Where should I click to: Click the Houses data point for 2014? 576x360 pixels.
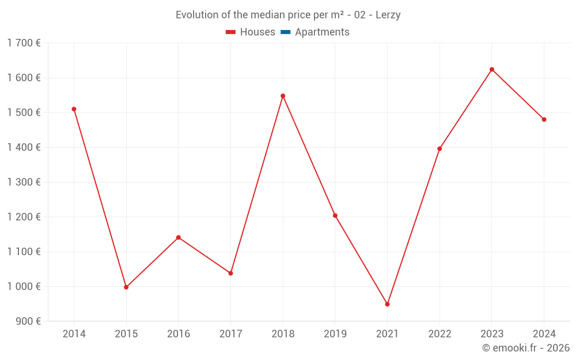pyautogui.click(x=74, y=109)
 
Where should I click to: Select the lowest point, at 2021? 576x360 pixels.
pyautogui.click(x=387, y=304)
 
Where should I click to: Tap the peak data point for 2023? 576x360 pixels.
pyautogui.click(x=491, y=70)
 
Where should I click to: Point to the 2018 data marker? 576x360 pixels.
pyautogui.click(x=283, y=96)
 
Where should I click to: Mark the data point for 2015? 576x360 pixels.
pyautogui.click(x=126, y=287)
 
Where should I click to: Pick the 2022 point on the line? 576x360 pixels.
pyautogui.click(x=439, y=149)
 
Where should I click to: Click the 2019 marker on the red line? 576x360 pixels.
pyautogui.click(x=335, y=215)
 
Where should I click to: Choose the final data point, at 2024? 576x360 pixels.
pyautogui.click(x=544, y=119)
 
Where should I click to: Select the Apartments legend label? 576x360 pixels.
pyautogui.click(x=322, y=32)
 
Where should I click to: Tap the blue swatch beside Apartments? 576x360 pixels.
pyautogui.click(x=285, y=32)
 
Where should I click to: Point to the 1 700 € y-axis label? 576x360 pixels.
pyautogui.click(x=24, y=43)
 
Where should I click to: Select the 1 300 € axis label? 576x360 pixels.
pyautogui.click(x=24, y=182)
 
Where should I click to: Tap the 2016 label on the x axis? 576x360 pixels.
pyautogui.click(x=179, y=334)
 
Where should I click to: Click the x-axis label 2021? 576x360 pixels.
pyautogui.click(x=387, y=334)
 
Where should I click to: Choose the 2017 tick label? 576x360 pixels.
pyautogui.click(x=230, y=334)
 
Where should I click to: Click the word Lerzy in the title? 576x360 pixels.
pyautogui.click(x=388, y=15)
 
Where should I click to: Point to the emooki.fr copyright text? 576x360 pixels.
pyautogui.click(x=526, y=348)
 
